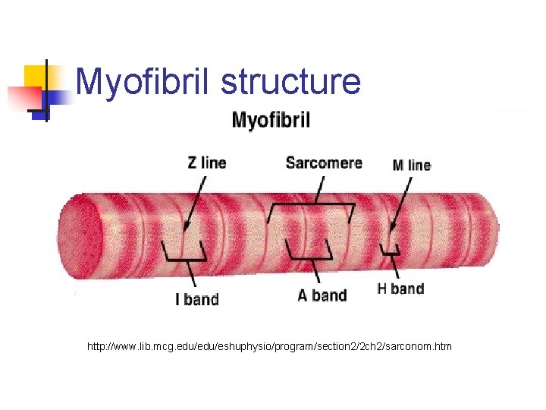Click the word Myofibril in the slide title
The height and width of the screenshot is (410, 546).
pyautogui.click(x=144, y=82)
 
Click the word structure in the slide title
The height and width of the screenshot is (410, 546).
pyautogui.click(x=290, y=82)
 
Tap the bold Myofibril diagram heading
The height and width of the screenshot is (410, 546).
pyautogui.click(x=271, y=120)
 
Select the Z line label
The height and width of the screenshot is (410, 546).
pyautogui.click(x=206, y=162)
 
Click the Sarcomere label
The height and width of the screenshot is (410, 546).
pyautogui.click(x=324, y=162)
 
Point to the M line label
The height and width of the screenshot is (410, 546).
pyautogui.click(x=412, y=165)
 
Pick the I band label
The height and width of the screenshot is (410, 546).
pyautogui.click(x=196, y=298)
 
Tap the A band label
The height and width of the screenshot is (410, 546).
pyautogui.click(x=322, y=295)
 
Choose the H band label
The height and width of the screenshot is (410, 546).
pyautogui.click(x=400, y=289)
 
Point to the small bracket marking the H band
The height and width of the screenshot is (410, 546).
pyautogui.click(x=391, y=251)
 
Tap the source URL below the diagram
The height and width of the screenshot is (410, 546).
pyautogui.click(x=269, y=347)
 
